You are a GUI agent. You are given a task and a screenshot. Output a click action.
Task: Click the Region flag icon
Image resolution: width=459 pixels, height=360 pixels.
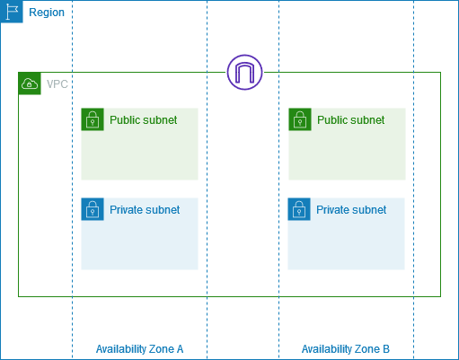12,12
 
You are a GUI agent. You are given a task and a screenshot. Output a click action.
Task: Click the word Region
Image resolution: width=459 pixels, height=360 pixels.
47,13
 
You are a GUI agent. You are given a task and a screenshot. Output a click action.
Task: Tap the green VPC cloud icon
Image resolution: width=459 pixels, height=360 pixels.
30,83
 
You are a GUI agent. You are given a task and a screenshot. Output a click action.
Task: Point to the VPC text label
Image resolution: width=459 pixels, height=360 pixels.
57,84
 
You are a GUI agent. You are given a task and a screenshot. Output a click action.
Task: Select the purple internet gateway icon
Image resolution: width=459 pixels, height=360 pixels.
245,73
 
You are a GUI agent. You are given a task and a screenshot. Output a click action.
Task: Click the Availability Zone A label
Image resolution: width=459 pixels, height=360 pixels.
139,349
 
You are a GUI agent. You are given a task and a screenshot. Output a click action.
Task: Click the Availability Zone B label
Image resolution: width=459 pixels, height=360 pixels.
346,349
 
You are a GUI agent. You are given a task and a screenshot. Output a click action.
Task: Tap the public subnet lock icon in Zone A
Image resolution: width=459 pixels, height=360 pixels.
93,119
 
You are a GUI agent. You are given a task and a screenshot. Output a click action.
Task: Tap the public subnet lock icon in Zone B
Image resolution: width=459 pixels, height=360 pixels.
299,119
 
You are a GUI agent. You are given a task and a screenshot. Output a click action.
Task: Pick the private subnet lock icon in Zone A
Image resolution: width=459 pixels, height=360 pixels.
93,209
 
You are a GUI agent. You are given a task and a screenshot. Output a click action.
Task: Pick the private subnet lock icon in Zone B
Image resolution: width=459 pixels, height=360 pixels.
299,209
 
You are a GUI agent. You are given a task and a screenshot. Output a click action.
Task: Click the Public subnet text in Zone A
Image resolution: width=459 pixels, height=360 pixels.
144,120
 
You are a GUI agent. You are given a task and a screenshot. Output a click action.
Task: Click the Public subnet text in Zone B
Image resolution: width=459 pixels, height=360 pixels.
350,120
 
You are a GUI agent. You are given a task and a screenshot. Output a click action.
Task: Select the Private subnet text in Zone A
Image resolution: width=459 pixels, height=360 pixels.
145,210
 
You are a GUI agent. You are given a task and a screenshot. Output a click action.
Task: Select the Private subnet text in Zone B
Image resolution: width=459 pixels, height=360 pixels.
351,210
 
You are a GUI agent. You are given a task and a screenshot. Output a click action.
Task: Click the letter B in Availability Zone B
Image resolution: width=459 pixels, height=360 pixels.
386,349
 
